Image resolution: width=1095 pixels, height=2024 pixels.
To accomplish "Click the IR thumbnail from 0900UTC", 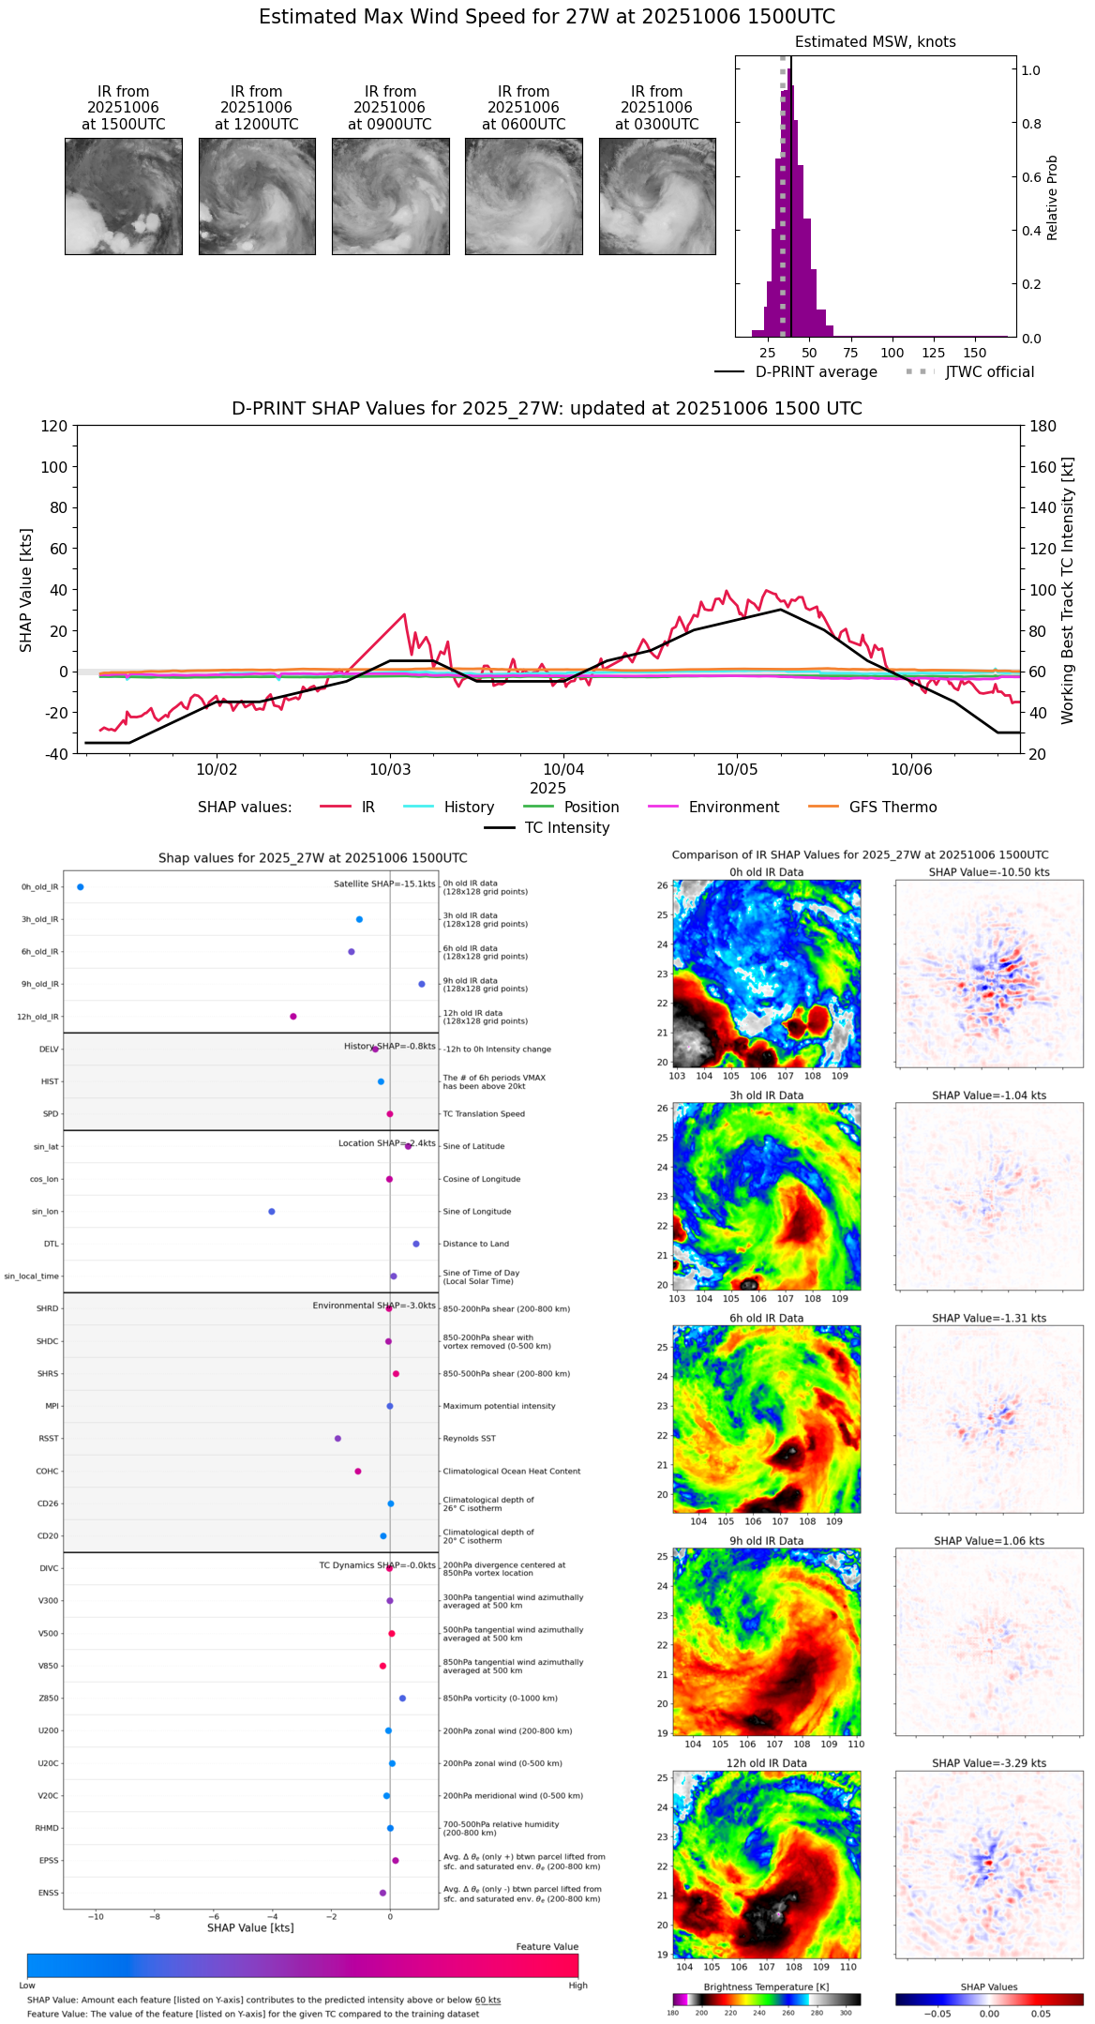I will tap(390, 196).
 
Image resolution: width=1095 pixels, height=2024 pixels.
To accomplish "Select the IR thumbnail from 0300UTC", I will tap(657, 196).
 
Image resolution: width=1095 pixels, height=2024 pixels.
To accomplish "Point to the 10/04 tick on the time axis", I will tap(564, 769).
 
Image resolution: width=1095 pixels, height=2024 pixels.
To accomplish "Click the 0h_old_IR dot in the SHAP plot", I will tap(81, 887).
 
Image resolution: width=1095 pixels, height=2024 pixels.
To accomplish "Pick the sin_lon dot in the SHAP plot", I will tap(272, 1212).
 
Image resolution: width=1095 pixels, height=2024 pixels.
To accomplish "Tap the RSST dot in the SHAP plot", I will tap(338, 1439).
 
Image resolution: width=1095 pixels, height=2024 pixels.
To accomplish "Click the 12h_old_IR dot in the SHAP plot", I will tap(293, 1017).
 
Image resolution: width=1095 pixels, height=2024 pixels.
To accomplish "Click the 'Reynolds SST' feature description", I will tap(469, 1439).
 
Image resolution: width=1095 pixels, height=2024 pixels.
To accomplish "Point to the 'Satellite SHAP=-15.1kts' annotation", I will tap(384, 884).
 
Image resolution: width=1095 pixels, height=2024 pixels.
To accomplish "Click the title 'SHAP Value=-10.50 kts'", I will tap(989, 872).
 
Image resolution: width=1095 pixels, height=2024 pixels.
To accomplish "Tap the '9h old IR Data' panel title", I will tap(766, 1541).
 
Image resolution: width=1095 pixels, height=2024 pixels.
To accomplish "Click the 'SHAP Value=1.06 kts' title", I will tap(989, 1541).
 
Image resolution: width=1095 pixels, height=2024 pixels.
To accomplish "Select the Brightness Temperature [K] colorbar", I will tap(766, 2000).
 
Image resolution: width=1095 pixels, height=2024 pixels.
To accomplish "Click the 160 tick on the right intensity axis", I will tap(1043, 467).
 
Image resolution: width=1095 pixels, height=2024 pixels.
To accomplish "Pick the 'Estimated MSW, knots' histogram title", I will tap(875, 42).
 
